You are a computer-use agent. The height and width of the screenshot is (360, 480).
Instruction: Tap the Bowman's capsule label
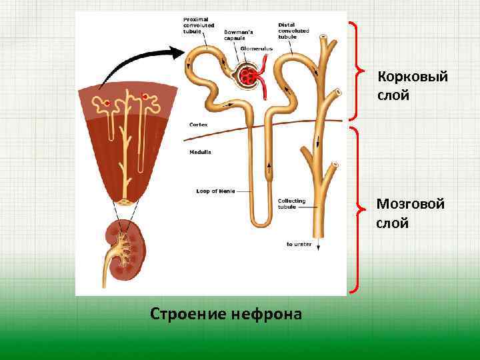pos(238,35)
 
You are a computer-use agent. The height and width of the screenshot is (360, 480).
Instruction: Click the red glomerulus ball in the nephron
pos(251,76)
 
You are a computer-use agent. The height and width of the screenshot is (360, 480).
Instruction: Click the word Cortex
pos(198,125)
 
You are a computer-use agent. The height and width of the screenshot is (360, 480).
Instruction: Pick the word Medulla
pos(200,152)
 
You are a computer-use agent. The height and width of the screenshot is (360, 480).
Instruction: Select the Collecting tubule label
pos(292,203)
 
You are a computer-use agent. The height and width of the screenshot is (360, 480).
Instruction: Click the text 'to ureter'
pos(298,245)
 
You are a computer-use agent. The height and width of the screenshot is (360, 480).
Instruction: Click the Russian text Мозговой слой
pos(410,213)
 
